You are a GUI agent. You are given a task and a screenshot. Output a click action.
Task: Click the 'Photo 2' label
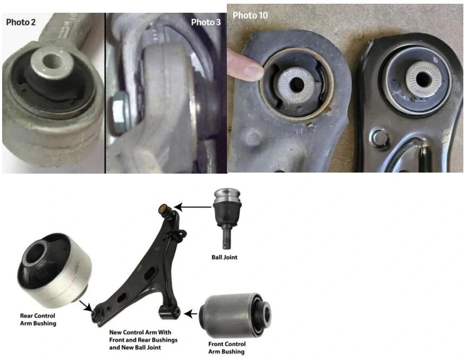[21, 22]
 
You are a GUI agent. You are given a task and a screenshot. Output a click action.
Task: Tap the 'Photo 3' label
[206, 22]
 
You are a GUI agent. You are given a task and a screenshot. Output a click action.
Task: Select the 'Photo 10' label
[250, 15]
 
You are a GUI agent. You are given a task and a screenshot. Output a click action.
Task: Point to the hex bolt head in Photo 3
[120, 112]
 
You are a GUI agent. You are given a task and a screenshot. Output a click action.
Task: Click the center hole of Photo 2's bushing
[51, 62]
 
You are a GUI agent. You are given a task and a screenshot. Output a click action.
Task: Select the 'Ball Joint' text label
[224, 257]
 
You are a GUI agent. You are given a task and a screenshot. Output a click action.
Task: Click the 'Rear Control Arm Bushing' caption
[38, 320]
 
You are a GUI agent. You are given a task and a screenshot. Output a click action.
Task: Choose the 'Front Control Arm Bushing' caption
[227, 348]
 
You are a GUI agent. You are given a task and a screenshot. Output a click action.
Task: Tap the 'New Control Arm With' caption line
[140, 332]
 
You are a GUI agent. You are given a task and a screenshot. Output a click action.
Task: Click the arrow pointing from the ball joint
[193, 207]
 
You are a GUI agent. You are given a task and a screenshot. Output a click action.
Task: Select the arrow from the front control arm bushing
[191, 314]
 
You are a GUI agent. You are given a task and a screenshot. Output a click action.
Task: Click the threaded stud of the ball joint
[227, 238]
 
